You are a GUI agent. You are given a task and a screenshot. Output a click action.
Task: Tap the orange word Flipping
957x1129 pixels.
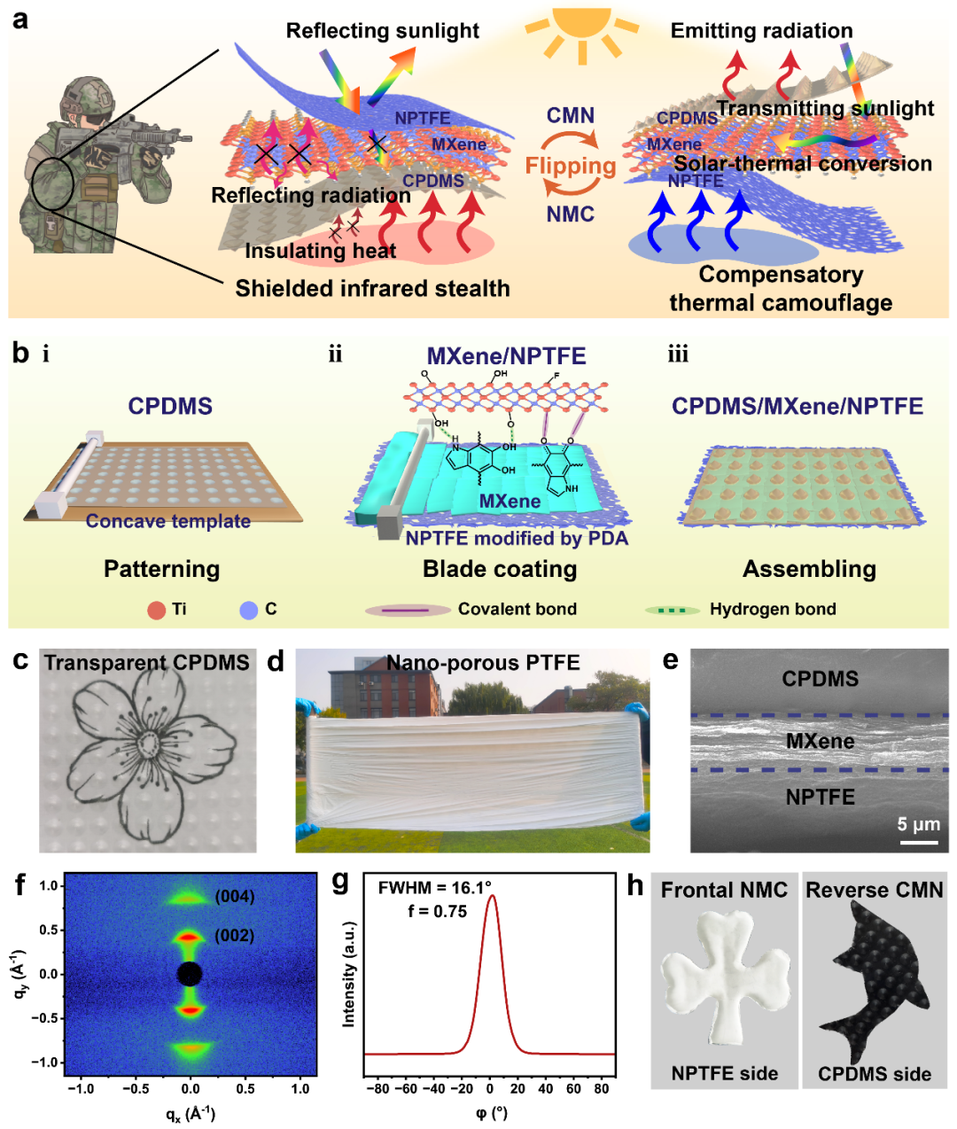coord(570,166)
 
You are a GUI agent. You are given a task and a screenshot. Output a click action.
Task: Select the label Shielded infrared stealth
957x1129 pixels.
coord(372,288)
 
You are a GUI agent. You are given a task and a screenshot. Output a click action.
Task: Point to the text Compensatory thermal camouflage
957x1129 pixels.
coord(780,288)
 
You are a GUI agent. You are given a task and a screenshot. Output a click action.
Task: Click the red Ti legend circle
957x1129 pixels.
coord(157,610)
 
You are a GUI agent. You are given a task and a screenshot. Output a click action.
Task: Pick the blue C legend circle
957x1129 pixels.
coord(249,610)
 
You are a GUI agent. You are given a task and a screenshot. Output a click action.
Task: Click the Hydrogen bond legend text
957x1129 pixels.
coord(772,609)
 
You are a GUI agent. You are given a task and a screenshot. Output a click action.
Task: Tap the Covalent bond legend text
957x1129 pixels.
coord(517,609)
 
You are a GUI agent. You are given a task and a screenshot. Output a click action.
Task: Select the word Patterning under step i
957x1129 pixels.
coord(161,569)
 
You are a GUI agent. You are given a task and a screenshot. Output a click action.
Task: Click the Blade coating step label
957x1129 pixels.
coord(500,569)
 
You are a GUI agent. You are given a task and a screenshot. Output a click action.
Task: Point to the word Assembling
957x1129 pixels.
coord(809,569)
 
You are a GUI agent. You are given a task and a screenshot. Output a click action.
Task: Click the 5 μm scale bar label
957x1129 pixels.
coord(918,824)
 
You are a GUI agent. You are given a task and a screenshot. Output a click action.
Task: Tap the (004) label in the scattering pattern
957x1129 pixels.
coord(234,897)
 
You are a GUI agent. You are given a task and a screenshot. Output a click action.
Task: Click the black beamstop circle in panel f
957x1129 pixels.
coord(190,974)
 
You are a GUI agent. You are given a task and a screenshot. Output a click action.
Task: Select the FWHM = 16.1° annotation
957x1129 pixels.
coord(434,888)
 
